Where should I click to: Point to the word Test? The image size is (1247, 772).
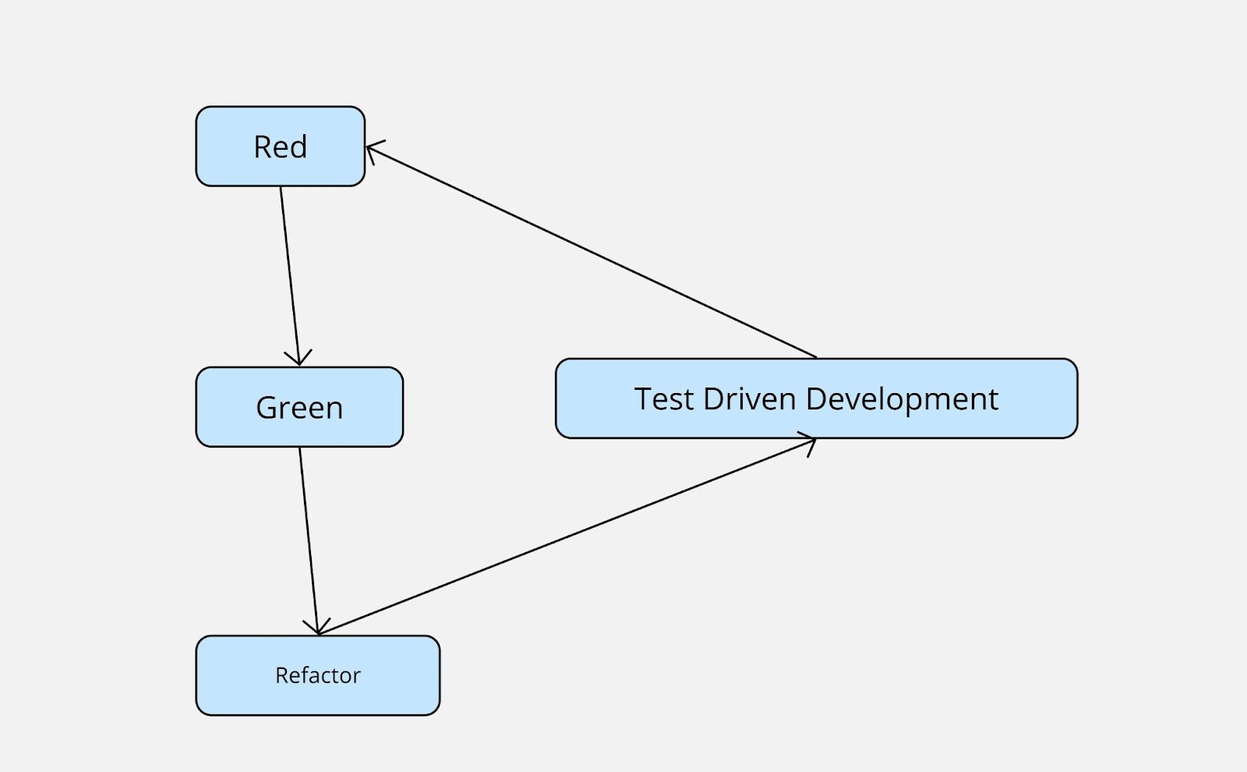[664, 399]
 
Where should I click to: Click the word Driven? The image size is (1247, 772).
[750, 399]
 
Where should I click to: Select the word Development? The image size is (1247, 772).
[902, 399]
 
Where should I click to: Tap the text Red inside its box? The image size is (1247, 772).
[281, 147]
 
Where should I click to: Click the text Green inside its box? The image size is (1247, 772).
[299, 408]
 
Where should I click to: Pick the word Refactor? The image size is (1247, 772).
[318, 675]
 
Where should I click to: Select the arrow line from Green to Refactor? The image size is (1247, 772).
[309, 538]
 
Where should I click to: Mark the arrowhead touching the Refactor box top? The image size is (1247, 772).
[317, 628]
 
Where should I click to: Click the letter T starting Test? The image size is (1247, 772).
[643, 399]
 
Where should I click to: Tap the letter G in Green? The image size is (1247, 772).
[267, 408]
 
